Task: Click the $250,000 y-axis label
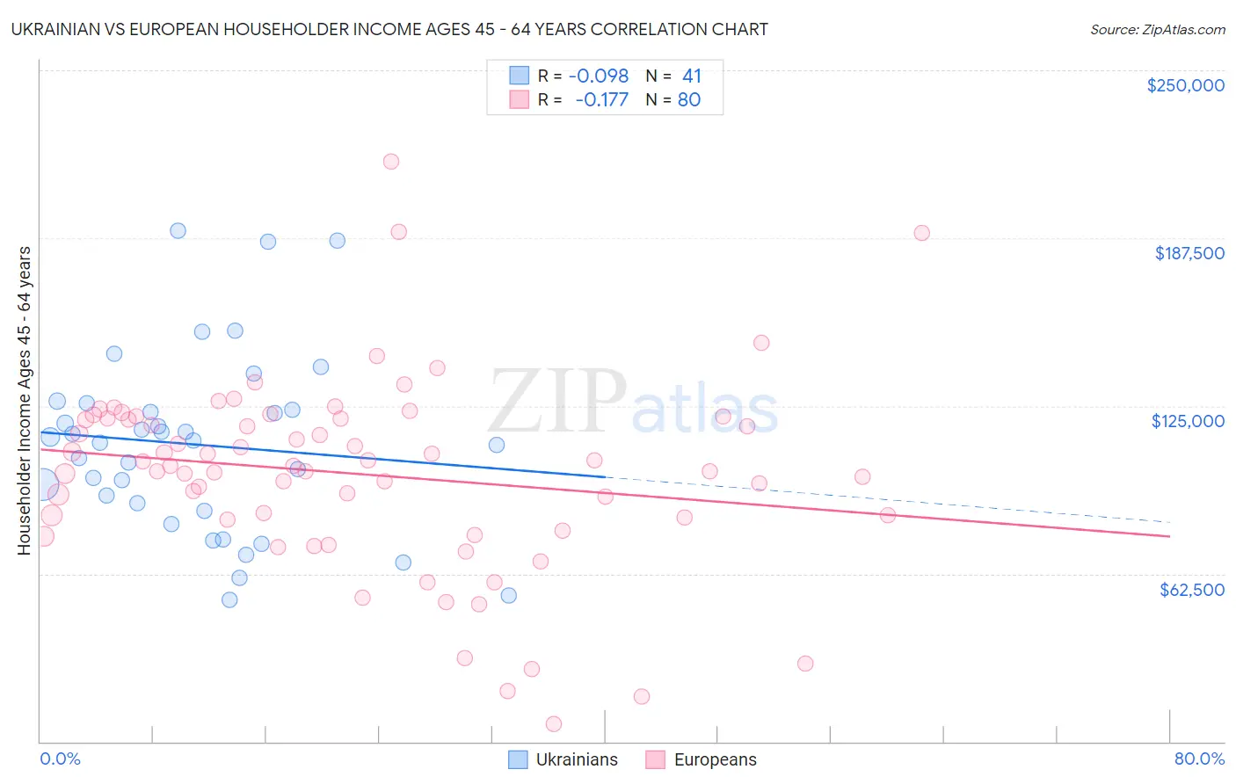[x=1185, y=85]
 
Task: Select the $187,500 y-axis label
[x=1189, y=253]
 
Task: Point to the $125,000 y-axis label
[x=1188, y=421]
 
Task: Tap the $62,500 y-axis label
[x=1192, y=590]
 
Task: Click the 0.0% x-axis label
[x=60, y=759]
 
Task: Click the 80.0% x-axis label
[x=1199, y=759]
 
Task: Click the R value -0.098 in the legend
[x=599, y=76]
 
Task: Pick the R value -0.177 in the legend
[x=602, y=100]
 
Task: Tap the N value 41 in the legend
[x=692, y=76]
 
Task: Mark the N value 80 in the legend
[x=689, y=100]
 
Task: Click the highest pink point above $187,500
[x=391, y=162]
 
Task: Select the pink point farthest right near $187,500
[x=921, y=233]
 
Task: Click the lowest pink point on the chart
[x=554, y=724]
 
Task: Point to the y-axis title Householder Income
[x=24, y=401]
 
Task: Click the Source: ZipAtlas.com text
[x=1157, y=30]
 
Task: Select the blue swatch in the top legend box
[x=520, y=76]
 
